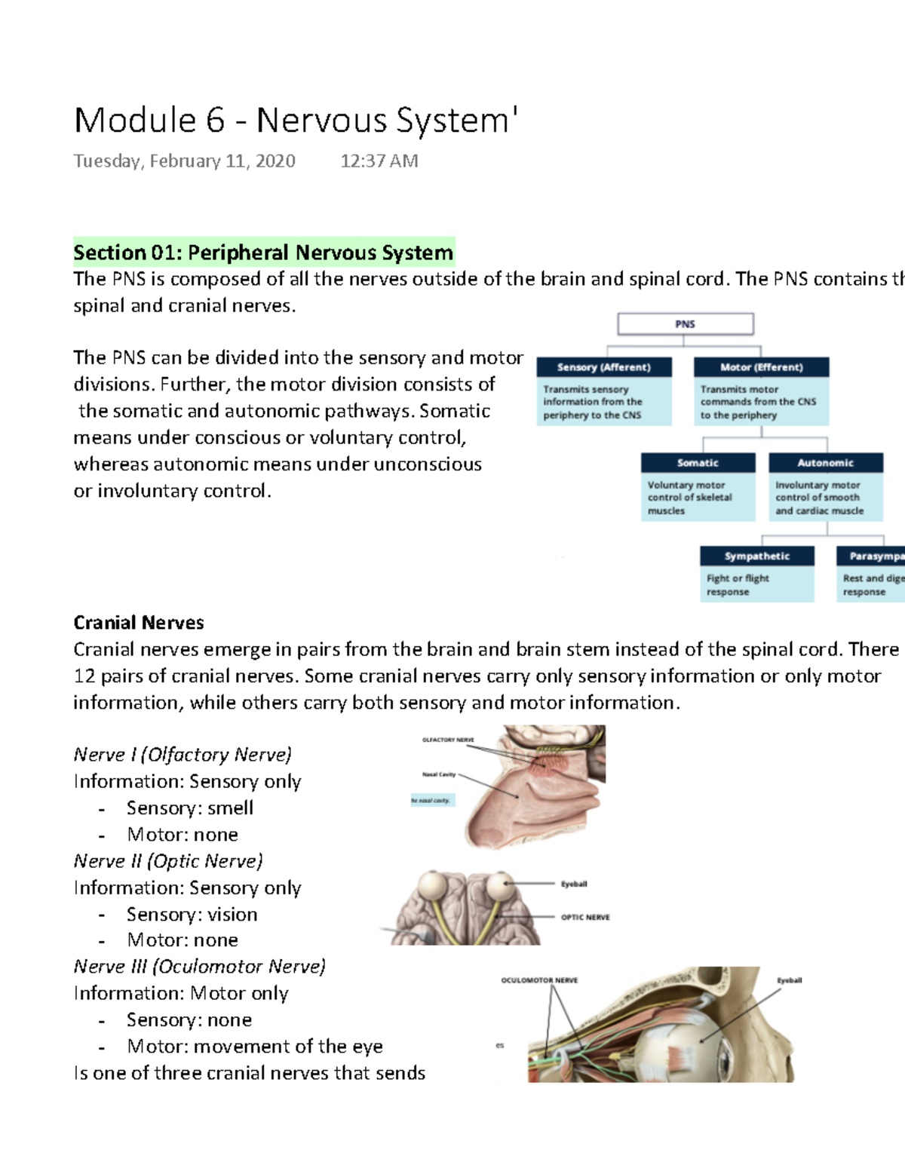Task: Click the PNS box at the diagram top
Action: click(685, 324)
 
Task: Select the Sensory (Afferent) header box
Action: click(603, 367)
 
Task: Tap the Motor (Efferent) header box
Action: click(761, 367)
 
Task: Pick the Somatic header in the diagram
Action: click(698, 463)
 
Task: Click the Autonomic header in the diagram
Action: click(825, 463)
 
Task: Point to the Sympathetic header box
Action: click(756, 556)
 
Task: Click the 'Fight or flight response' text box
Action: click(756, 585)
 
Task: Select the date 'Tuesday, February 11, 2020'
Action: click(184, 161)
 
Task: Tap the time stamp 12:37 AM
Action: click(379, 161)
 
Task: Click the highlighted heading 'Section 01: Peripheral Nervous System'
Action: click(263, 252)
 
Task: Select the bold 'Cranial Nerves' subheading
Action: click(139, 623)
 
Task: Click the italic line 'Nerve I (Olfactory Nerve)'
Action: click(183, 755)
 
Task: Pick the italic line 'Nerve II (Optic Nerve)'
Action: click(168, 861)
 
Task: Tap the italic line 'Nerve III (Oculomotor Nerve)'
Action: click(200, 967)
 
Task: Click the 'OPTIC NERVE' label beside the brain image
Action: click(585, 918)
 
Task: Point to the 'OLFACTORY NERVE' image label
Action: click(448, 740)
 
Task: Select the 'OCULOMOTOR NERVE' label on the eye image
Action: click(539, 980)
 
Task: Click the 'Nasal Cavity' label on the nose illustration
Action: click(439, 774)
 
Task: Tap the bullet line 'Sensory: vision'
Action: click(192, 915)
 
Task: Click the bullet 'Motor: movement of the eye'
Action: click(254, 1047)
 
